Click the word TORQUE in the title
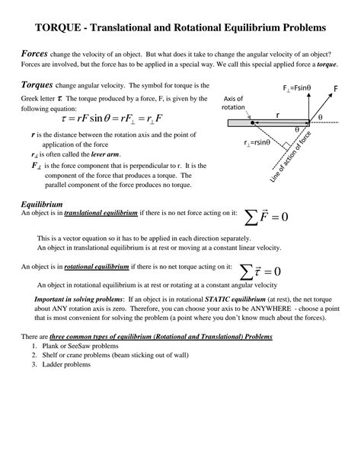click(x=62, y=27)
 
